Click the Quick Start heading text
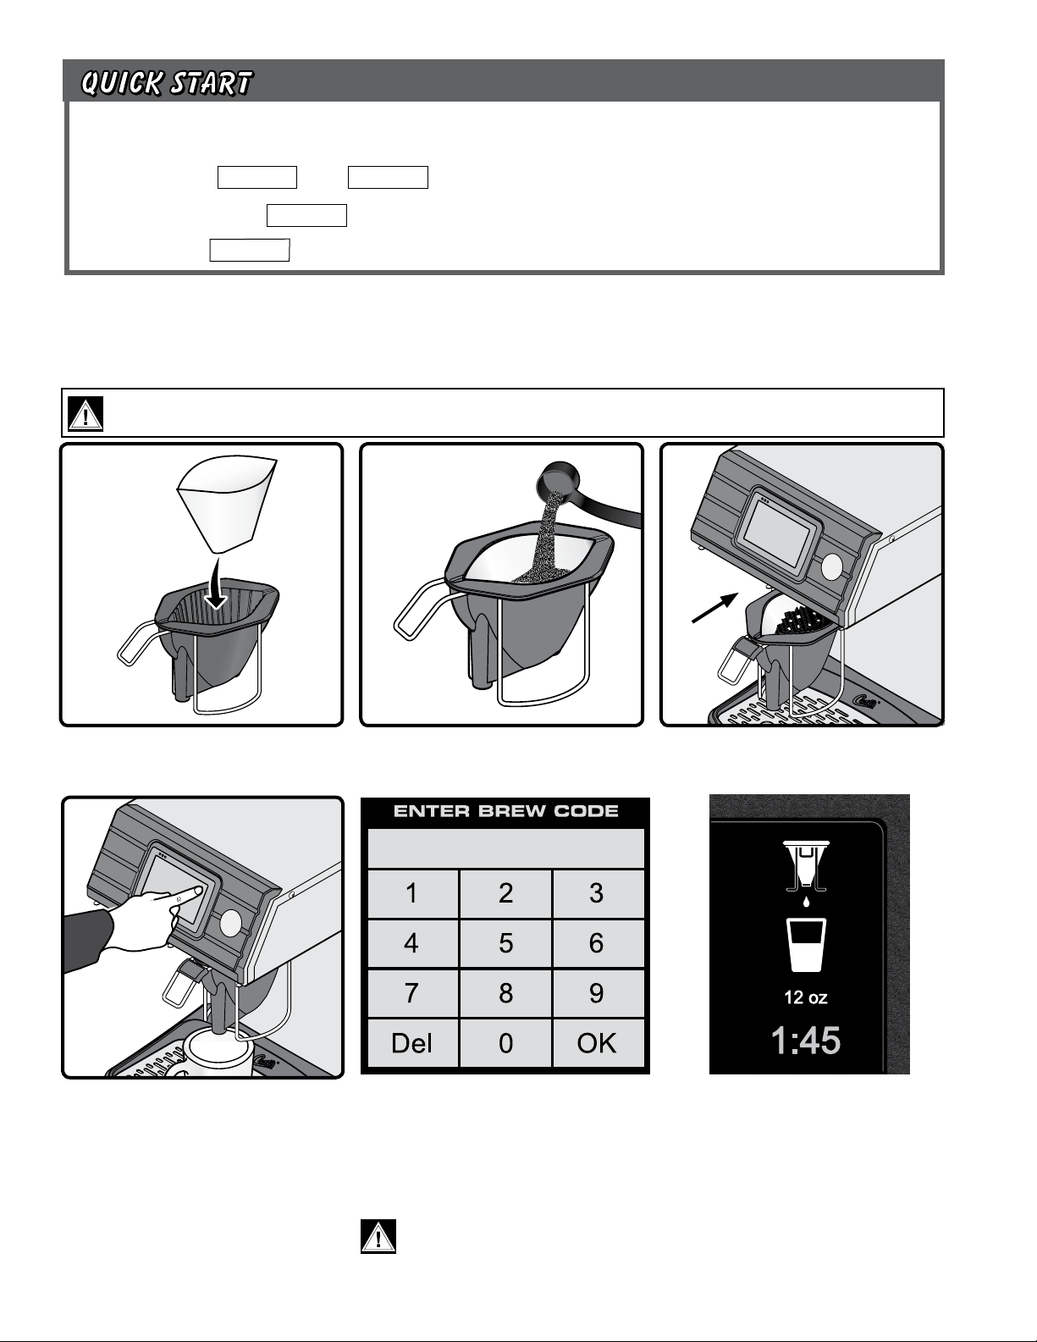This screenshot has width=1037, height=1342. coord(167,83)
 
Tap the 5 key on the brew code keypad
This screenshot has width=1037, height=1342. coord(505,943)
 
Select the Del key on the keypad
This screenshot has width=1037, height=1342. coord(411,1043)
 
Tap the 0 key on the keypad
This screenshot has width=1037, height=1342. coord(505,1043)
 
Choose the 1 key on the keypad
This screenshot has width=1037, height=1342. coord(411,893)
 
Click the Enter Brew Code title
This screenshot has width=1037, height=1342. coord(505,811)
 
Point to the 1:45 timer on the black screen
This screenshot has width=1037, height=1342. coord(806,1040)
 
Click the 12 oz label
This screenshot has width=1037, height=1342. coord(806,997)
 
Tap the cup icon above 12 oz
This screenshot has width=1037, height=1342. coord(806,945)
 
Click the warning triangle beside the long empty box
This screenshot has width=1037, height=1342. coord(85,413)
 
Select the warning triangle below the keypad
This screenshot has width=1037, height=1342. coord(378,1236)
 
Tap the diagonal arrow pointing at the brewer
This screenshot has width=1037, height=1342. coord(715,608)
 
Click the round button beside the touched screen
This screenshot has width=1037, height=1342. coord(230,922)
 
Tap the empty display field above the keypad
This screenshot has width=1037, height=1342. coord(505,848)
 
